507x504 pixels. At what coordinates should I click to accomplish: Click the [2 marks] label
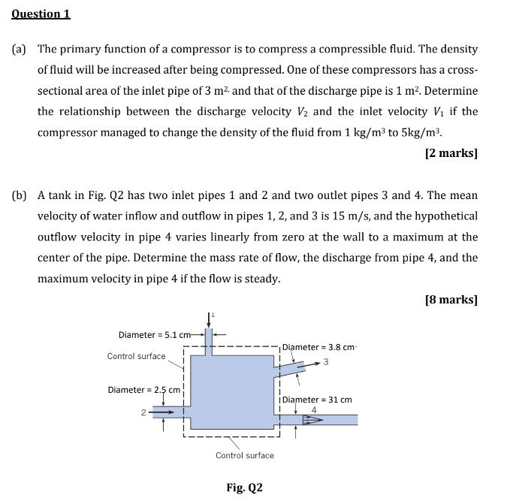(x=451, y=153)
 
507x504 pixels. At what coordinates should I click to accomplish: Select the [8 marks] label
(x=451, y=299)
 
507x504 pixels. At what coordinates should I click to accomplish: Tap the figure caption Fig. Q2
(x=244, y=487)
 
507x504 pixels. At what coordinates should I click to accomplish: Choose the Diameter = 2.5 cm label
(x=144, y=390)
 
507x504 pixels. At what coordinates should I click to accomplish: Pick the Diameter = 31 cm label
(x=317, y=400)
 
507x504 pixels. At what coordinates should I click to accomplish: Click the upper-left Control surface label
(x=136, y=356)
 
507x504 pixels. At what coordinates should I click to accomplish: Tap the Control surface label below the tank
(x=245, y=455)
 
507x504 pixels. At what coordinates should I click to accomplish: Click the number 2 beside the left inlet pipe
(x=141, y=412)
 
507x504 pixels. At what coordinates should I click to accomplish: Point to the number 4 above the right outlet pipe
(x=313, y=409)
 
